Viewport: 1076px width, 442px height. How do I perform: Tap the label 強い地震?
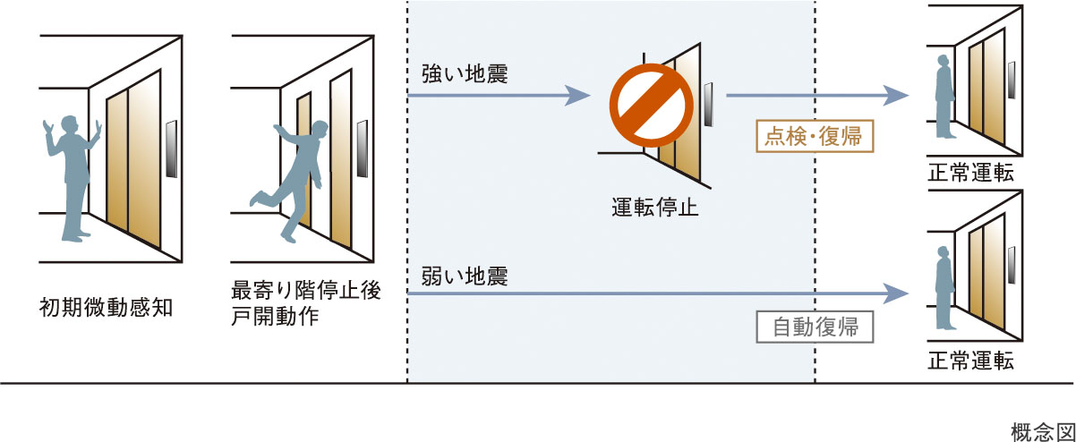coord(465,75)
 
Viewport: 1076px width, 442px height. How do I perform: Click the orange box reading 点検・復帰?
coord(814,137)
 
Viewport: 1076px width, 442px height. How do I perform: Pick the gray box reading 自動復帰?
coord(814,327)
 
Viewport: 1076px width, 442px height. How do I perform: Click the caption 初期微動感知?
coord(106,308)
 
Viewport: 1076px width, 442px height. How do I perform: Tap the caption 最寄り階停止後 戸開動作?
coord(305,304)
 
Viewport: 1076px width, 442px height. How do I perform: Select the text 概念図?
coord(1041,430)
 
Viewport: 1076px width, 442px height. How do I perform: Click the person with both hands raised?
coord(72,174)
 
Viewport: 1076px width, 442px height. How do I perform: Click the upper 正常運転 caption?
coord(970,173)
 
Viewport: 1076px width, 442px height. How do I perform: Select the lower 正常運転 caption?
coord(970,361)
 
